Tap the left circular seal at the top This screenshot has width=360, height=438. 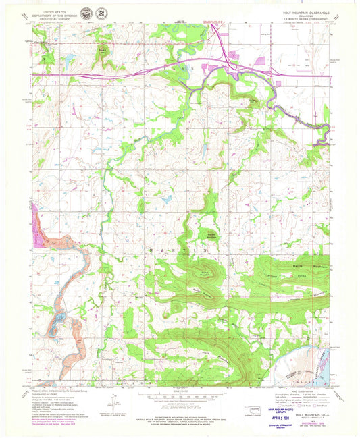[x=86, y=13]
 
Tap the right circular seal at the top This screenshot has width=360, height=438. [x=101, y=13]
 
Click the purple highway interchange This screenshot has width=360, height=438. [x=234, y=66]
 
